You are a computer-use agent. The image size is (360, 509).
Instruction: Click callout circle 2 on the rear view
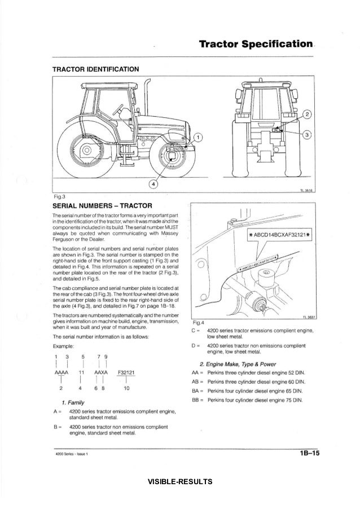(x=306, y=115)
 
